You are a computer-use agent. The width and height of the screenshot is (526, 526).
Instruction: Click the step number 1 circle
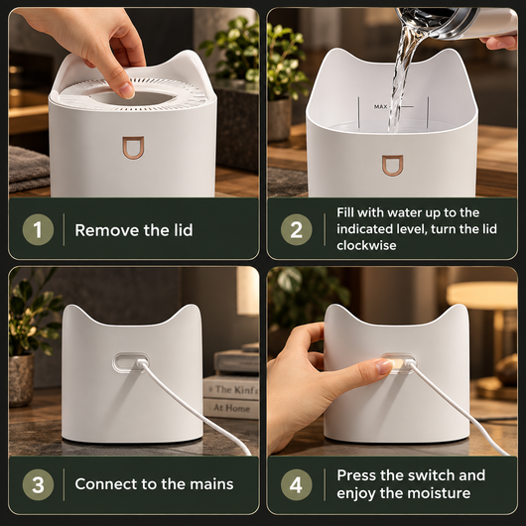point(38,230)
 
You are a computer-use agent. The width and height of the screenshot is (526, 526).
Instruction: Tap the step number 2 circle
point(296,230)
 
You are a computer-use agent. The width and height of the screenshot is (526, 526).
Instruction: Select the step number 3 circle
point(38,484)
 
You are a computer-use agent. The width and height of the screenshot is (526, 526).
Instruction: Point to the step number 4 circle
point(296,484)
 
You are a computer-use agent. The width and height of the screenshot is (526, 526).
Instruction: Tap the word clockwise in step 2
point(366,245)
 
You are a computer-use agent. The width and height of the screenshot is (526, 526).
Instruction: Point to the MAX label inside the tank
point(380,106)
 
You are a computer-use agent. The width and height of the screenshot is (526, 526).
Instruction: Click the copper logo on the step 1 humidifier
point(133,147)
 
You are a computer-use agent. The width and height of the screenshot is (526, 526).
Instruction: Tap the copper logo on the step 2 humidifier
point(392,166)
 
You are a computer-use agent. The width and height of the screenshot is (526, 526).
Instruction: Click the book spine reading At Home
point(231,408)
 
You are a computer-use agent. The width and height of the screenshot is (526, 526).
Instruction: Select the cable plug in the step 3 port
point(141,362)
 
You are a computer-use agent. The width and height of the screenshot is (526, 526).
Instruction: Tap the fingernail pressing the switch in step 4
point(384,365)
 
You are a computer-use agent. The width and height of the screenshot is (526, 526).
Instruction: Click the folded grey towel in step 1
point(29,169)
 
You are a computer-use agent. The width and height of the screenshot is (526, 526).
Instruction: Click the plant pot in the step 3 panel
point(21,379)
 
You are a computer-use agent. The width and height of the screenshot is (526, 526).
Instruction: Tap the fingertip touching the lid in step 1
point(126,89)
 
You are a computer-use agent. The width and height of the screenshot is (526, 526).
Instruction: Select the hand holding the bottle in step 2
point(499,42)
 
